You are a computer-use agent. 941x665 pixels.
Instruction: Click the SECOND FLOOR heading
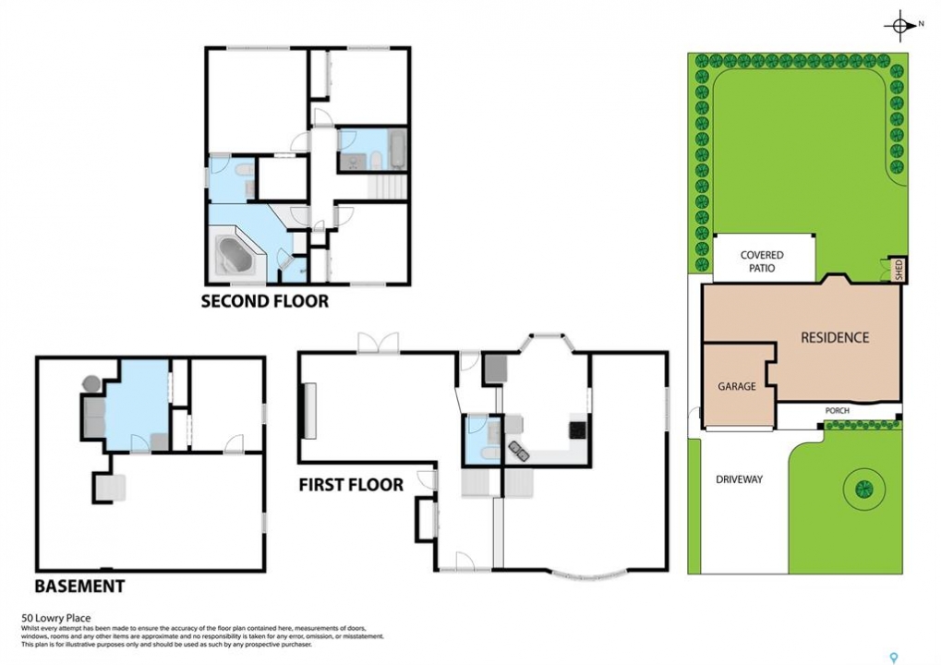click(x=265, y=301)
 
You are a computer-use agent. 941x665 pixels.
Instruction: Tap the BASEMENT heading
click(x=79, y=586)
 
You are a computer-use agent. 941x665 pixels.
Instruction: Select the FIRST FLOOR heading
click(x=351, y=484)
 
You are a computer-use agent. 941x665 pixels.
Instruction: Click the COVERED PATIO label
click(x=762, y=261)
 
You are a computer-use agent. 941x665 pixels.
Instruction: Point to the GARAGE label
click(x=736, y=386)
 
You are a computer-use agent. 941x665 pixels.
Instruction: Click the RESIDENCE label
click(x=835, y=338)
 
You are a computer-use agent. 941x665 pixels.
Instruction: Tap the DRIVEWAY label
click(x=739, y=479)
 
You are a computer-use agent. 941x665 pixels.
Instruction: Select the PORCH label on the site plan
click(x=838, y=410)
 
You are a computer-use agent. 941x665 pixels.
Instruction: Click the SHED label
click(x=899, y=270)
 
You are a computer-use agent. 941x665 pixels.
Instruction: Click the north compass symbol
click(x=899, y=25)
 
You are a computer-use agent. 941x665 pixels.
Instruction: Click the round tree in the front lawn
click(x=863, y=488)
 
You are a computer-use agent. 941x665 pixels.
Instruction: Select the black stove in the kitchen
click(x=577, y=429)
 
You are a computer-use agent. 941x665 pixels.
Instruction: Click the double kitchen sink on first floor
click(x=518, y=450)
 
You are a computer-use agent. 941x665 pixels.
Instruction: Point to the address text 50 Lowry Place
click(x=55, y=618)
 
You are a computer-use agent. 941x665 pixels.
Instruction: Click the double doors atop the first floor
click(x=378, y=343)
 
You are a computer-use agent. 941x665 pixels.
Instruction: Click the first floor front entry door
click(x=465, y=562)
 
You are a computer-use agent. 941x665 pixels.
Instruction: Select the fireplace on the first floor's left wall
click(x=309, y=411)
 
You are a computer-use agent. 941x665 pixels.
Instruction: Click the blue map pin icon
click(x=894, y=658)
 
